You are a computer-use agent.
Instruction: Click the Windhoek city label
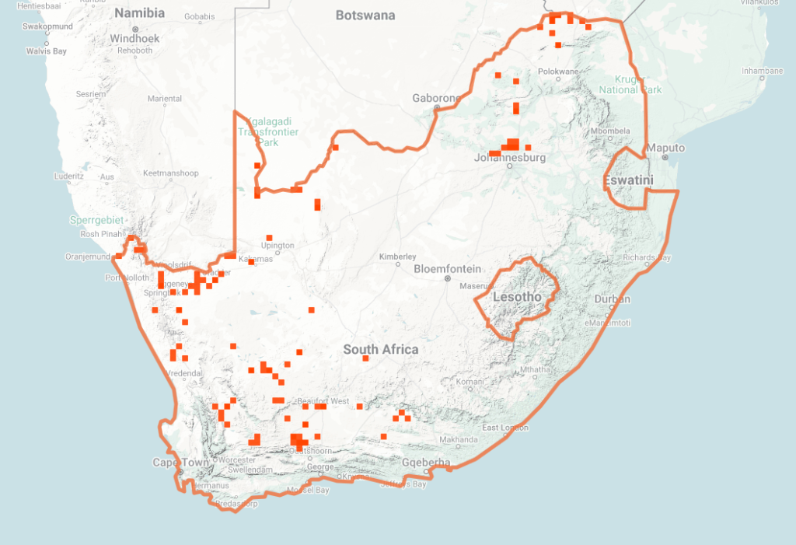click(x=134, y=38)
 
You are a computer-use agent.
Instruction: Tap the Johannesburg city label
click(x=510, y=158)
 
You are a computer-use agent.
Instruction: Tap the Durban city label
click(x=612, y=299)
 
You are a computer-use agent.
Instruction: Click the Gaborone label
click(x=437, y=99)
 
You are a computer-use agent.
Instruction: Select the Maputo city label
click(x=666, y=148)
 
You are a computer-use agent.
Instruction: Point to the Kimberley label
click(x=397, y=257)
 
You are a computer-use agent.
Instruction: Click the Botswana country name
click(x=365, y=16)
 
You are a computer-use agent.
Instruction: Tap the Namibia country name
click(x=140, y=13)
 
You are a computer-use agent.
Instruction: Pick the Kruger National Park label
click(x=630, y=84)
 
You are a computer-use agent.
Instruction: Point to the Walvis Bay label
click(x=47, y=51)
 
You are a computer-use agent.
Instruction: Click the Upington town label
click(x=278, y=246)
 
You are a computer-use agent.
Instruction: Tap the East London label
click(x=505, y=428)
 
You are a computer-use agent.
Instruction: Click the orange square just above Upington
click(x=270, y=237)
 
